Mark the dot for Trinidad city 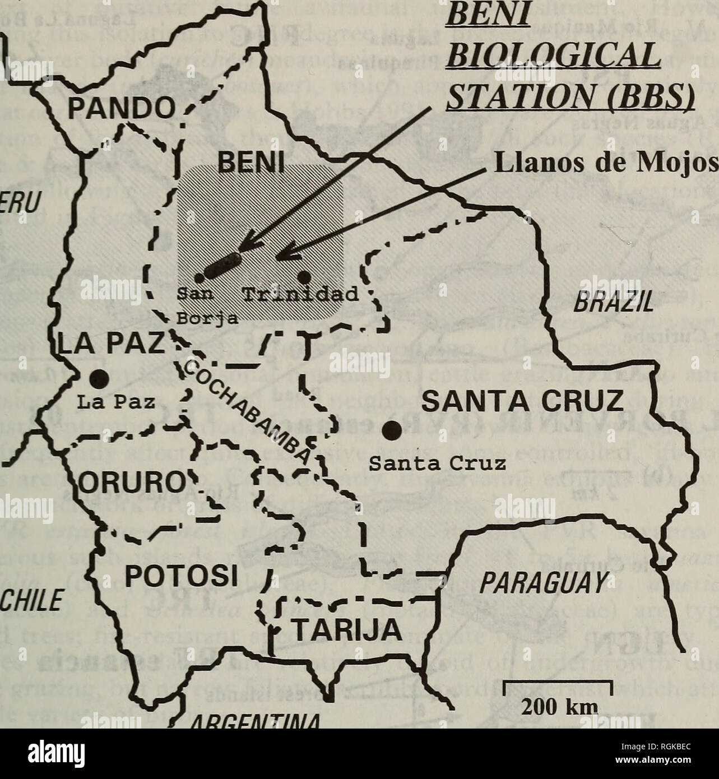tap(304, 277)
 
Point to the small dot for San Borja tap(199, 276)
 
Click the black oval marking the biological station tap(222, 265)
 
